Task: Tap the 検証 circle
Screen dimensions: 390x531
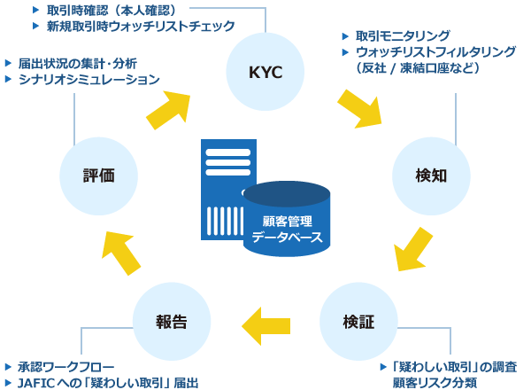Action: [358, 322]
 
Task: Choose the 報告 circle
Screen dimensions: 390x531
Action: [173, 322]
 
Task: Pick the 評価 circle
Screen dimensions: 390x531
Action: [99, 175]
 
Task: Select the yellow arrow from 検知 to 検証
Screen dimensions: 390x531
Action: [413, 249]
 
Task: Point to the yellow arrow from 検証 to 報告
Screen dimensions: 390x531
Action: [265, 325]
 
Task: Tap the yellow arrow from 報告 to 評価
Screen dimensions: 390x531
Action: [120, 251]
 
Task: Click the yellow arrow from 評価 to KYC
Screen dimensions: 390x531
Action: [169, 108]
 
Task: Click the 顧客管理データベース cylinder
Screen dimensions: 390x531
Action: [287, 222]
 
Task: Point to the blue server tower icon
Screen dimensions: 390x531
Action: [221, 188]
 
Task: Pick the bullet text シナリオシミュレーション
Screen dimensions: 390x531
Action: [88, 79]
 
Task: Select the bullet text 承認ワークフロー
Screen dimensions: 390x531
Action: [65, 367]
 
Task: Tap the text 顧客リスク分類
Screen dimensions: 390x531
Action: [435, 383]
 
